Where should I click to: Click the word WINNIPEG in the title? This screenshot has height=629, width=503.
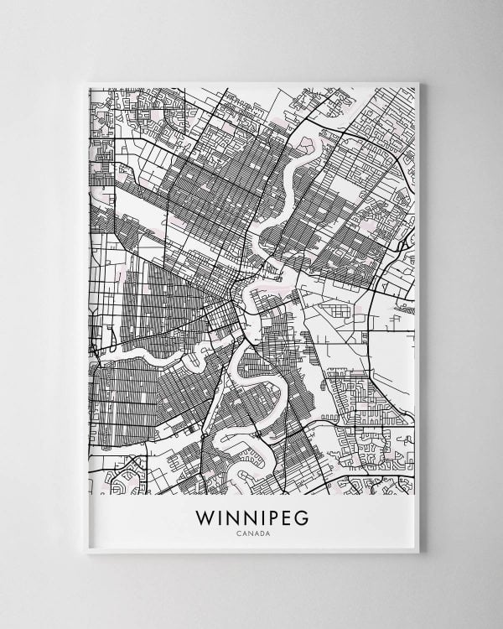251,517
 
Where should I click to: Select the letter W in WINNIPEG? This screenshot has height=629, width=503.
205,517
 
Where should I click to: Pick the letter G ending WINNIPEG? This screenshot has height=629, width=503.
301,517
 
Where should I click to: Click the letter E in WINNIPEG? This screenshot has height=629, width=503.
284,517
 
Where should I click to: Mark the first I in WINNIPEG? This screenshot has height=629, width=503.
220,517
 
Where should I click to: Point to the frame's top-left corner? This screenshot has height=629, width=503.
86,82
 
